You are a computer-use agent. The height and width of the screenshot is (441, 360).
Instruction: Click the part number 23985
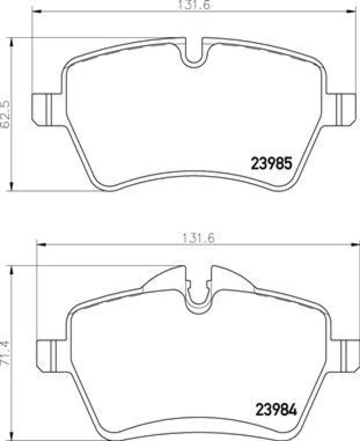270,163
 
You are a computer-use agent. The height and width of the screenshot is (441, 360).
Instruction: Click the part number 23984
276,410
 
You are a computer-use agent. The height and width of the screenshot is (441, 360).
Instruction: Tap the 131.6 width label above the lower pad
198,239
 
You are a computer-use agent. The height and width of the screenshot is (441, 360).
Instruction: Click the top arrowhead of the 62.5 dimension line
11,42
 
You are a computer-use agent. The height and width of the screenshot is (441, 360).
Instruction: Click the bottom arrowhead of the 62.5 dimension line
11,187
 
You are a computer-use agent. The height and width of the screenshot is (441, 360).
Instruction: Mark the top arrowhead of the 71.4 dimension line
11,269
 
